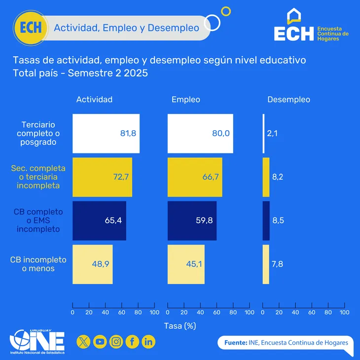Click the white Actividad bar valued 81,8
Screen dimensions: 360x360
click(x=106, y=133)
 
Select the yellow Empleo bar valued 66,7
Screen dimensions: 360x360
click(x=195, y=177)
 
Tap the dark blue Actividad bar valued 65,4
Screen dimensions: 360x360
click(x=99, y=220)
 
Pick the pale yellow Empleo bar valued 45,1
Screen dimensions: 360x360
click(x=186, y=264)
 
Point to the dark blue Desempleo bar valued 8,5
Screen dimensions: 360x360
click(x=266, y=220)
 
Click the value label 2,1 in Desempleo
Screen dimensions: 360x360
click(x=272, y=133)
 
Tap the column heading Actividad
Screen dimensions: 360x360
click(x=94, y=100)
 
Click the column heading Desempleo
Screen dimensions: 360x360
click(x=288, y=100)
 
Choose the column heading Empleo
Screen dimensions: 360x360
click(x=185, y=100)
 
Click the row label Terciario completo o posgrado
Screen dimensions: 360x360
click(x=38, y=133)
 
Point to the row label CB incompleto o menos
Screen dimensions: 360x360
click(x=38, y=264)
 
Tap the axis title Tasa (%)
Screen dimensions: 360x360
click(x=180, y=325)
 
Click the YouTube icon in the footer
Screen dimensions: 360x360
click(x=100, y=341)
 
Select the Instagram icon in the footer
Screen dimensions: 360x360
click(x=116, y=341)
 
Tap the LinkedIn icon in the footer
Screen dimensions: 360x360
click(x=148, y=341)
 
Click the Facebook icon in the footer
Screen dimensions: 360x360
click(x=132, y=341)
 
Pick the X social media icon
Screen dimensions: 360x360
click(x=84, y=341)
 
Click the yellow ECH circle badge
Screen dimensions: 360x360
click(x=31, y=27)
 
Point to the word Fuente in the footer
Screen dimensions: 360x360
click(x=235, y=342)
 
